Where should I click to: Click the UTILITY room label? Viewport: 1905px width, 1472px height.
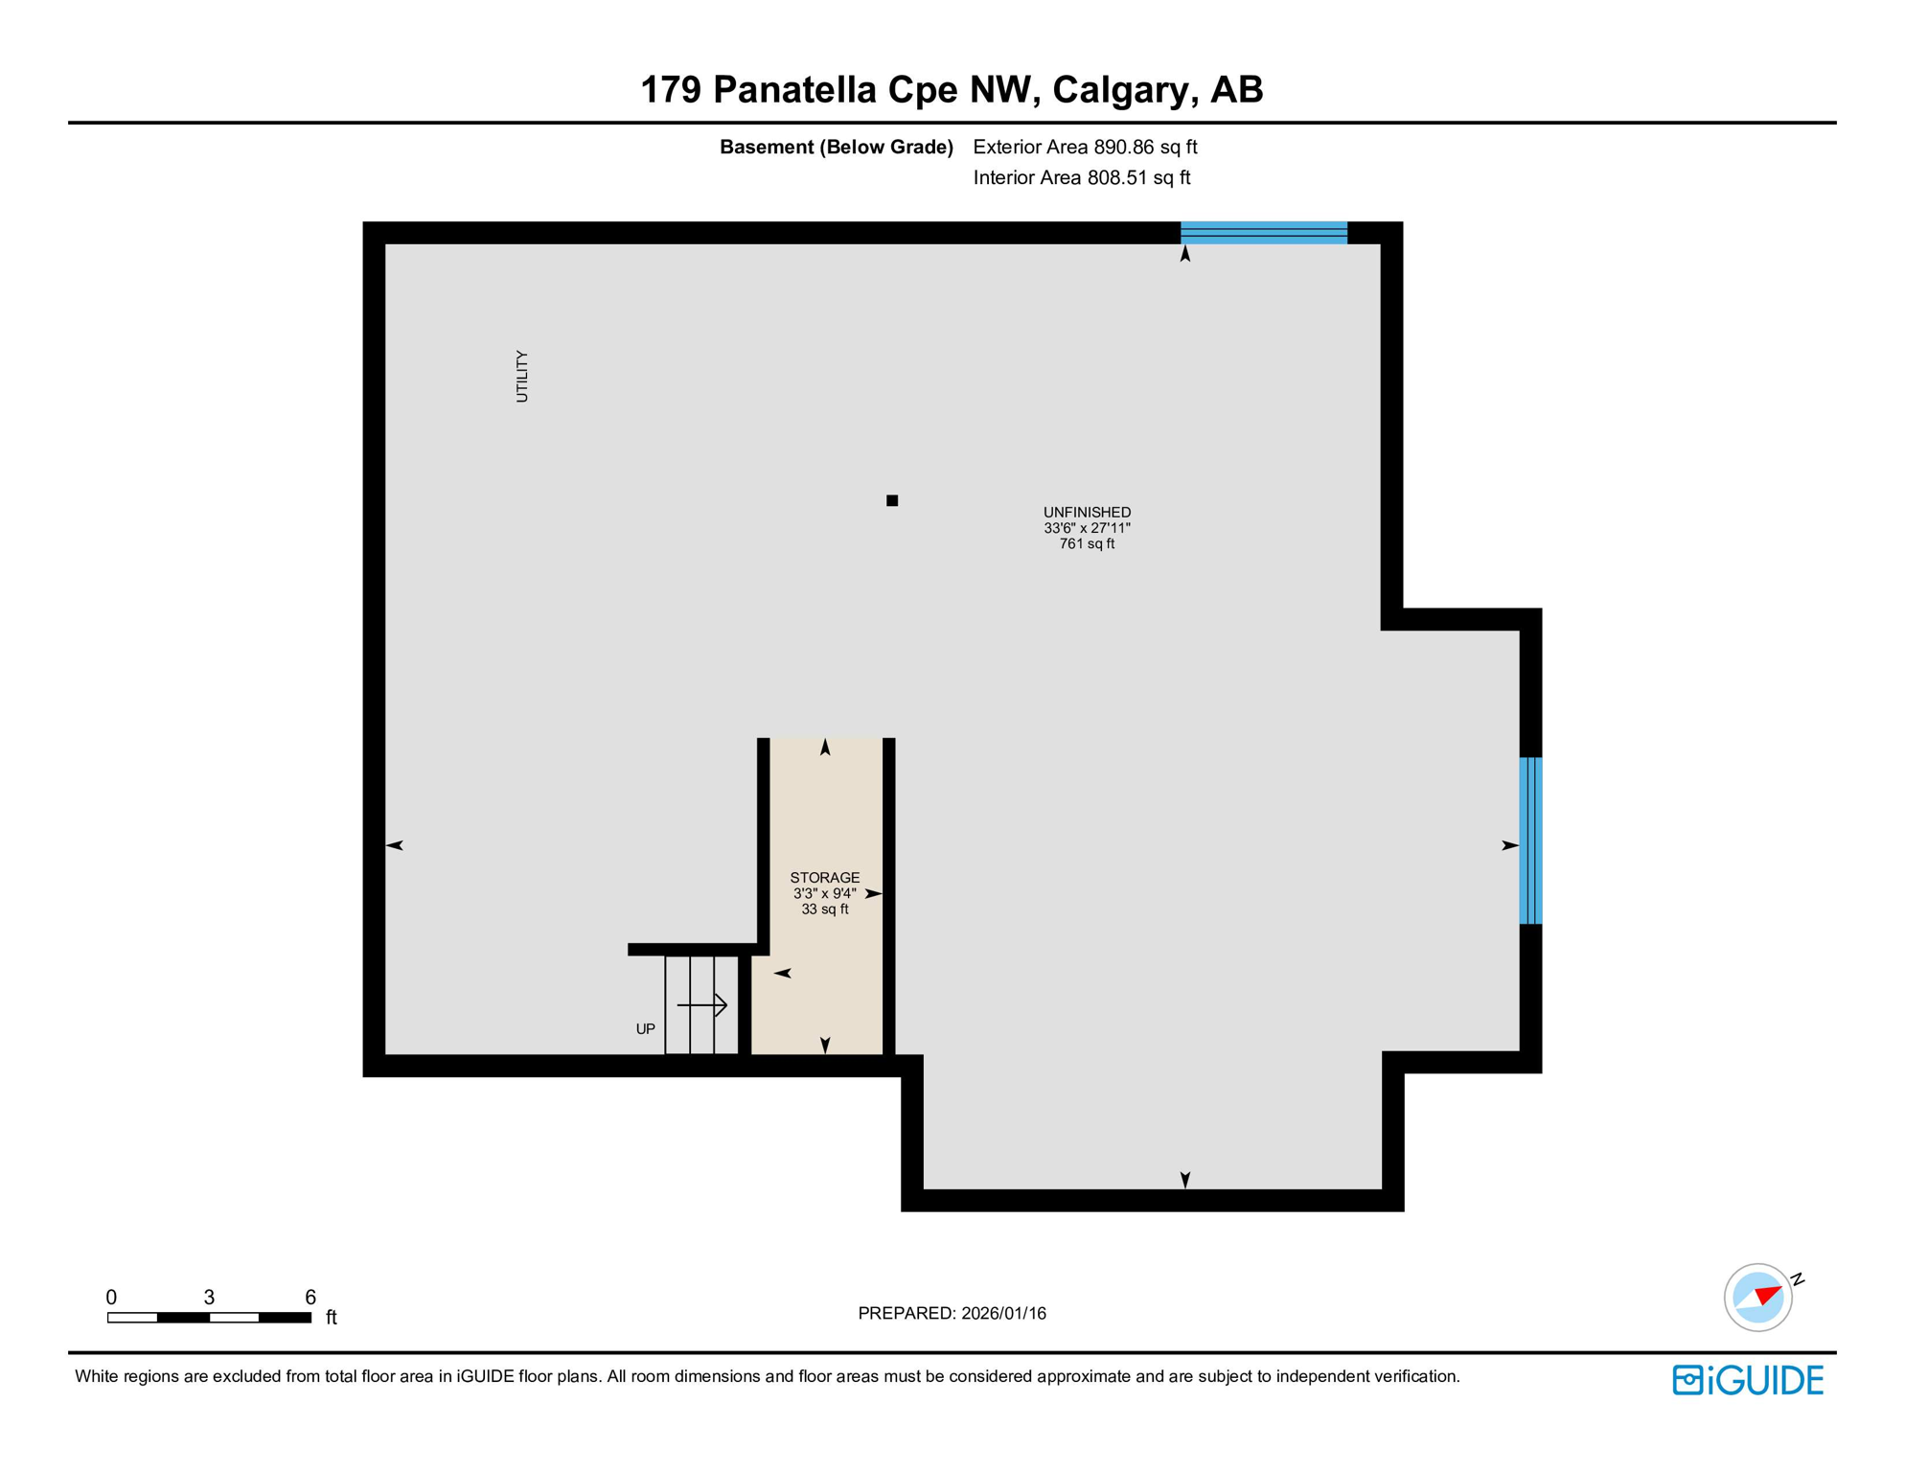click(x=522, y=376)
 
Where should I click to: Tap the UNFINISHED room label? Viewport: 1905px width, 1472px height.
click(x=1087, y=513)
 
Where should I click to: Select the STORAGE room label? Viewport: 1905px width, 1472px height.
click(x=824, y=878)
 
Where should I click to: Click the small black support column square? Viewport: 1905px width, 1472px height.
click(x=892, y=500)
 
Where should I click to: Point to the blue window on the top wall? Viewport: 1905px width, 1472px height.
click(x=1263, y=233)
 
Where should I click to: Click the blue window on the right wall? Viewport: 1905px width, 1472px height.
click(x=1530, y=840)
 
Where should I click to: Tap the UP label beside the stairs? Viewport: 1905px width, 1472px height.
click(x=646, y=1029)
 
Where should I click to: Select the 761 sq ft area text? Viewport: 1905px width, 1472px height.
click(x=1087, y=544)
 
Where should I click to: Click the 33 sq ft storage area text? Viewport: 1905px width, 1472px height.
click(x=824, y=909)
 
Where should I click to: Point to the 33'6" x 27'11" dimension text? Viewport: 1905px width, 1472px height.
click(x=1087, y=528)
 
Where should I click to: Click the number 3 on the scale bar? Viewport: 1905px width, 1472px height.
click(x=209, y=1298)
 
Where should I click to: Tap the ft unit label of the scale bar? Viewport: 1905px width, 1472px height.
click(x=332, y=1318)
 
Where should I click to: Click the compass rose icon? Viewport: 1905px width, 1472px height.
click(x=1758, y=1298)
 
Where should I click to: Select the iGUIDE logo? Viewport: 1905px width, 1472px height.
click(x=1748, y=1380)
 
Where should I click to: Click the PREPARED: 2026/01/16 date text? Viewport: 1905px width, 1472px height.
click(x=952, y=1314)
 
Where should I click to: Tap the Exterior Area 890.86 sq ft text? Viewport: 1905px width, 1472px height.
click(x=1085, y=147)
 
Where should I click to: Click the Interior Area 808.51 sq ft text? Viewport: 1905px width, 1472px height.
click(x=1081, y=177)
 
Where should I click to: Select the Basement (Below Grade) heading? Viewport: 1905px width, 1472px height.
click(x=836, y=147)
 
